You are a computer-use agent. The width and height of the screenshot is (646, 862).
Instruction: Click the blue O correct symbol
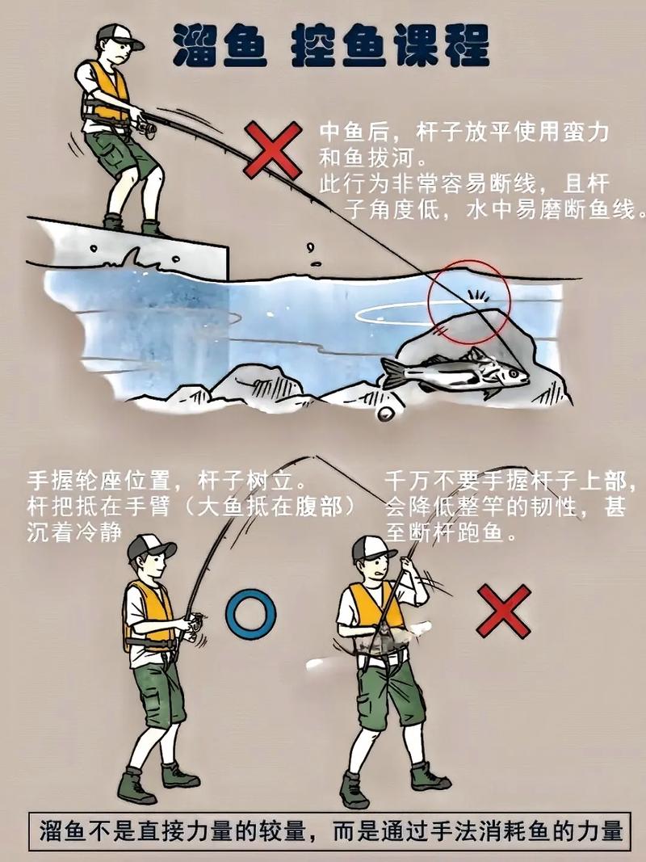click(x=250, y=614)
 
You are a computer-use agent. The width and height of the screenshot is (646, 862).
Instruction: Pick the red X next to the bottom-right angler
click(x=503, y=612)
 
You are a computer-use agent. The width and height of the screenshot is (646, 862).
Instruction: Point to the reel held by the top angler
click(x=145, y=126)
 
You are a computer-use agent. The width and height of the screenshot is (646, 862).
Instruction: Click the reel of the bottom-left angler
click(x=193, y=623)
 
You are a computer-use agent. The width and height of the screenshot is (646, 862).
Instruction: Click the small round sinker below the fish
click(x=386, y=412)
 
